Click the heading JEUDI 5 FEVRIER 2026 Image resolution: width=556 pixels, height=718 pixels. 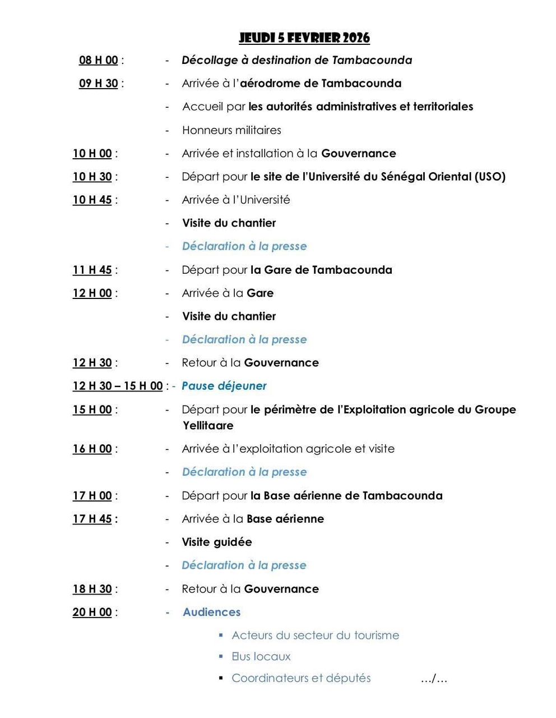click(304, 38)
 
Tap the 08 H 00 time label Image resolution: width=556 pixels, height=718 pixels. click(99, 60)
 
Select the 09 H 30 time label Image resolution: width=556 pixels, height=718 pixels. click(99, 84)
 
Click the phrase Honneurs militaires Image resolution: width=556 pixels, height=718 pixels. click(231, 130)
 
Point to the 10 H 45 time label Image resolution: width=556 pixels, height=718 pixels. click(92, 200)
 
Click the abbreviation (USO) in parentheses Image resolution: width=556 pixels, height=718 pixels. click(490, 177)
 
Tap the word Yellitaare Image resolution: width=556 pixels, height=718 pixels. click(208, 426)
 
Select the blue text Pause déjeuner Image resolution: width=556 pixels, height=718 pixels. click(224, 386)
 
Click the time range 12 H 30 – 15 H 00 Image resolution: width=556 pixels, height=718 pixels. click(117, 386)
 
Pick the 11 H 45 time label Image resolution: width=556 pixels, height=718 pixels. click(92, 270)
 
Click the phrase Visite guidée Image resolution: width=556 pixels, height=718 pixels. click(217, 542)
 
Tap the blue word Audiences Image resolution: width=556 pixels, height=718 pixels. click(211, 612)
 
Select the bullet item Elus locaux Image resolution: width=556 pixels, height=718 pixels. click(261, 656)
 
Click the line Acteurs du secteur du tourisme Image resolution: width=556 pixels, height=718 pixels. click(316, 635)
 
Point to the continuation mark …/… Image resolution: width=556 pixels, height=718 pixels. click(434, 679)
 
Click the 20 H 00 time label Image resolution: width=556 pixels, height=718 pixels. click(92, 612)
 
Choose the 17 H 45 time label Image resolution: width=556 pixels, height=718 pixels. click(92, 519)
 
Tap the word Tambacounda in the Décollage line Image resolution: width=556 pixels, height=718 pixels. click(372, 60)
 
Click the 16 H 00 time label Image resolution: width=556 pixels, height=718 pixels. click(92, 449)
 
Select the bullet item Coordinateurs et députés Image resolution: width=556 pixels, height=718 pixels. click(301, 678)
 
